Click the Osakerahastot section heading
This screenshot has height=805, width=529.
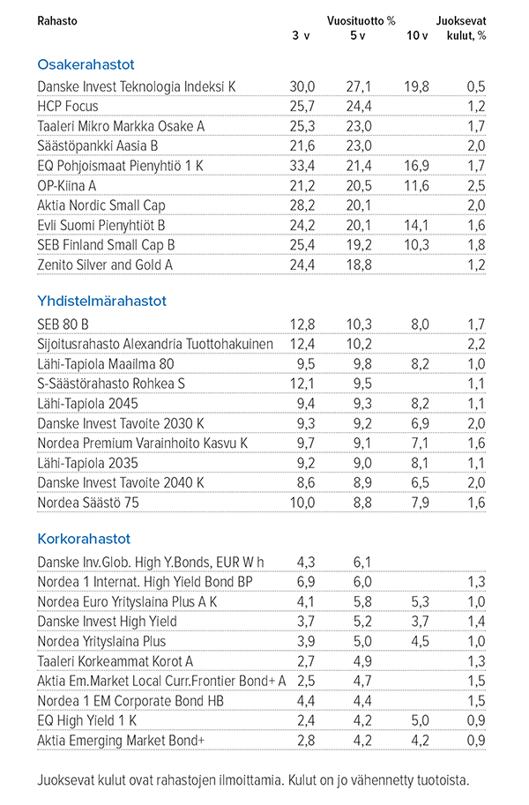pyautogui.click(x=86, y=64)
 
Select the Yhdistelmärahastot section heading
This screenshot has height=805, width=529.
pyautogui.click(x=102, y=301)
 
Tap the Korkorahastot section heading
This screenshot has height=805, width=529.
pyautogui.click(x=83, y=538)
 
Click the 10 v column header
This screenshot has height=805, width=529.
pyautogui.click(x=417, y=35)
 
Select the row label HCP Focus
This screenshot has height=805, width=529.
pyautogui.click(x=68, y=107)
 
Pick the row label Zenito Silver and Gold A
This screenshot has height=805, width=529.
pyautogui.click(x=106, y=264)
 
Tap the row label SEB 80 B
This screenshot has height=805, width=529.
pyautogui.click(x=63, y=324)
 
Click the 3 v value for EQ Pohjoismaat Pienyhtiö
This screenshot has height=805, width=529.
pyautogui.click(x=303, y=166)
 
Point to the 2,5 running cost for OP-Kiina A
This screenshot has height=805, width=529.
pyautogui.click(x=476, y=185)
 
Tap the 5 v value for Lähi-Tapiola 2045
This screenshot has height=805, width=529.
pyautogui.click(x=361, y=403)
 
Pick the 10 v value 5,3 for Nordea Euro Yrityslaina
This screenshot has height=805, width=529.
pyautogui.click(x=419, y=601)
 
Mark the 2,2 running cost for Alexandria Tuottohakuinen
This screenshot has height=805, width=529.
pyautogui.click(x=476, y=344)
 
